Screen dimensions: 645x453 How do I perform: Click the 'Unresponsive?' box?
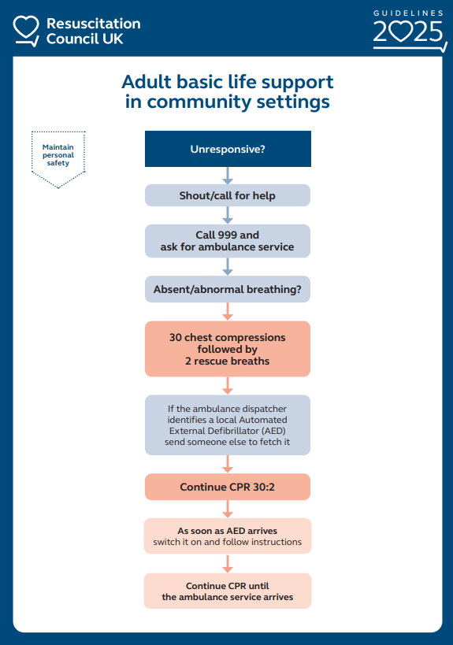click(228, 149)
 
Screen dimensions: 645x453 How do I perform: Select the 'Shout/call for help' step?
click(228, 195)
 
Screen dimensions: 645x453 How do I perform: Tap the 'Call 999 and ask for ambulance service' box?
click(228, 241)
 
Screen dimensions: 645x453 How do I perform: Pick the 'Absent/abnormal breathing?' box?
click(228, 289)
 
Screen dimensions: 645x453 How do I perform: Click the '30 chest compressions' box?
click(228, 349)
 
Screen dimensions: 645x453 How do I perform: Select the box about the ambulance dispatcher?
click(228, 425)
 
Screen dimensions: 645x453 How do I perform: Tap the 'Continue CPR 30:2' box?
click(228, 487)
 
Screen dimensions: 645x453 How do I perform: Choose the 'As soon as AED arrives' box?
click(228, 536)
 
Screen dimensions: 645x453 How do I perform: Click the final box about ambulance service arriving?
click(228, 591)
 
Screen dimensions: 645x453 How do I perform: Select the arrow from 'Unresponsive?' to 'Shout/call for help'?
click(228, 176)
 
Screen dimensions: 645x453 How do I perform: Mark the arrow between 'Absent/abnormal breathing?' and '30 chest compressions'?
click(228, 311)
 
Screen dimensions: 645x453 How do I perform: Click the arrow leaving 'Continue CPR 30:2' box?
click(228, 509)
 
